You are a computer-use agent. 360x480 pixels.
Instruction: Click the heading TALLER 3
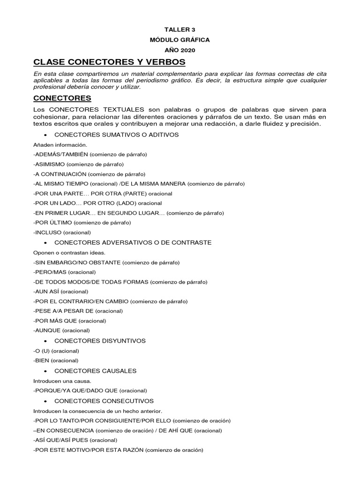click(x=180, y=30)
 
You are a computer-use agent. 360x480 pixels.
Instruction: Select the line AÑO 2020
click(x=180, y=50)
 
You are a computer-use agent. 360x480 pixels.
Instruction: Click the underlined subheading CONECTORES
click(x=62, y=98)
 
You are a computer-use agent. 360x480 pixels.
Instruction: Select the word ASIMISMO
click(x=51, y=164)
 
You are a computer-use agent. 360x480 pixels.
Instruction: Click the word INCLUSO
click(x=48, y=232)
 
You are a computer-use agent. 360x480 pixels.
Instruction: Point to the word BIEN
click(x=43, y=360)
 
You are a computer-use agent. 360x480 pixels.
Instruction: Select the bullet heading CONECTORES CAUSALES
click(x=95, y=371)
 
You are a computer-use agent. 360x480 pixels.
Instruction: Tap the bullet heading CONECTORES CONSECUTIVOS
click(x=104, y=401)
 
